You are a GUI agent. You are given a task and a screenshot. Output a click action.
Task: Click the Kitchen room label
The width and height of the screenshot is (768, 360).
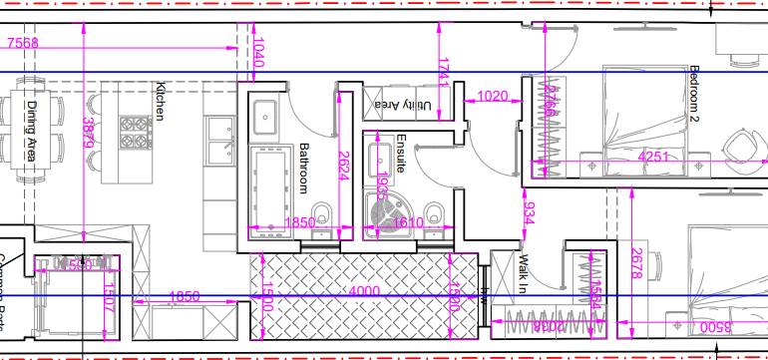pyautogui.click(x=159, y=101)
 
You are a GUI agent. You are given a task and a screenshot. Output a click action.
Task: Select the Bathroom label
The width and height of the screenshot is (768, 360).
pyautogui.click(x=305, y=168)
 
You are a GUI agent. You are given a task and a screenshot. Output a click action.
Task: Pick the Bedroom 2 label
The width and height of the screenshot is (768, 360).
pyautogui.click(x=695, y=94)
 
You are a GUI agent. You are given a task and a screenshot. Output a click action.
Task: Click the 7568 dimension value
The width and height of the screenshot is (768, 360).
pyautogui.click(x=23, y=43)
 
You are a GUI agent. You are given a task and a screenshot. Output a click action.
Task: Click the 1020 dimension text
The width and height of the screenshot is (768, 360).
pyautogui.click(x=495, y=97)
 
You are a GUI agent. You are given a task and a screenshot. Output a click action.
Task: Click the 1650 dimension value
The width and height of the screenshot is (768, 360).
pyautogui.click(x=184, y=296)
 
